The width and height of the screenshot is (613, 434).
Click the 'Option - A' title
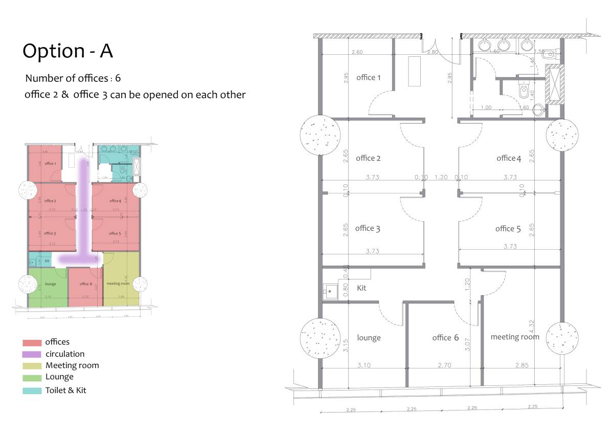[67, 51]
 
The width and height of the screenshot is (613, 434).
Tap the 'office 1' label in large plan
[368, 77]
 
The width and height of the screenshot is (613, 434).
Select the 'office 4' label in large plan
[509, 158]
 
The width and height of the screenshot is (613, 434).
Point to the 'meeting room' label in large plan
[514, 337]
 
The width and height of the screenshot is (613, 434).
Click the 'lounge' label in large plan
[369, 338]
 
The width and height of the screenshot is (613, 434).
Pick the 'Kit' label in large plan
[361, 288]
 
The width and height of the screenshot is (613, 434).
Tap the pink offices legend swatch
[32, 342]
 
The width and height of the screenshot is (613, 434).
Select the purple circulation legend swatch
[32, 354]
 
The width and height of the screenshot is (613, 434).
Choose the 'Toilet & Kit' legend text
[66, 390]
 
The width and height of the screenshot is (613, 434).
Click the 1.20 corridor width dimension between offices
[440, 177]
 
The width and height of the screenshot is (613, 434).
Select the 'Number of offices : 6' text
[73, 78]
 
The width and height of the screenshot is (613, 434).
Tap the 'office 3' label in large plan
[368, 228]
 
